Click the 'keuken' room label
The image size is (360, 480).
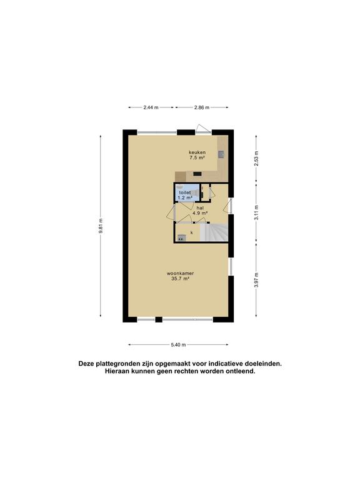coord(197,152)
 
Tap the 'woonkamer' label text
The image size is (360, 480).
coord(180,273)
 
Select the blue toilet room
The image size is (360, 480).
coord(187,192)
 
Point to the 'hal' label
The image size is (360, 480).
coord(200,207)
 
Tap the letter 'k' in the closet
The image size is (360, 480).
coord(192,232)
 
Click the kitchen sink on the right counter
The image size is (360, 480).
coord(221,154)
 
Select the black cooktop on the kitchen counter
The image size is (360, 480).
coord(197,174)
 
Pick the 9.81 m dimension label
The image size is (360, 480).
coord(101,226)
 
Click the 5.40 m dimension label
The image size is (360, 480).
coord(178,345)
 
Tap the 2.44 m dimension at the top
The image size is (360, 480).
coord(151,107)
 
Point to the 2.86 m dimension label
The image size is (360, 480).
coord(202,107)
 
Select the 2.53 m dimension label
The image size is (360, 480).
coord(256,159)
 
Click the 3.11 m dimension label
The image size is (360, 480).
coord(256,212)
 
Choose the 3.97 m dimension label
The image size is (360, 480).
coord(256,280)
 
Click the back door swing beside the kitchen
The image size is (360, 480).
coord(203,128)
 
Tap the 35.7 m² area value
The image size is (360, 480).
coord(180,279)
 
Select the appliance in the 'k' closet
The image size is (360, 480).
coord(181,237)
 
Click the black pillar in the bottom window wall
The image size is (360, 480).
coord(159,319)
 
